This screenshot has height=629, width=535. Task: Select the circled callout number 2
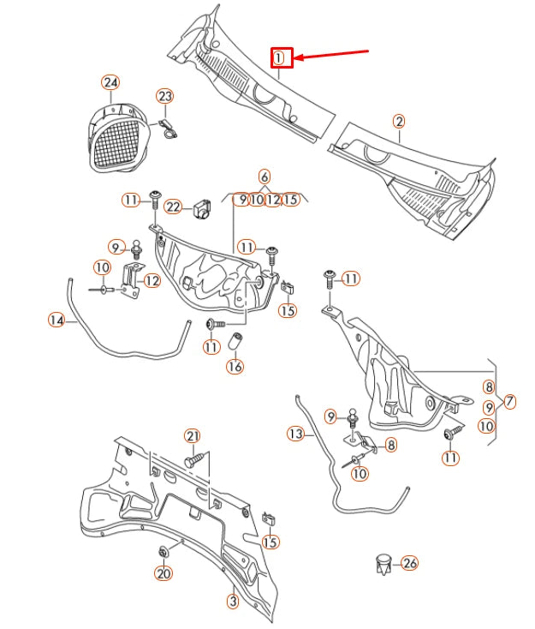[x=400, y=121]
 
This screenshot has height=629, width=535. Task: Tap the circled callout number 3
[x=232, y=602]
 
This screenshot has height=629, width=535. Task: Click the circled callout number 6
[x=265, y=176]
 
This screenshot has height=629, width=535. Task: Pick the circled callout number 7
[x=509, y=401]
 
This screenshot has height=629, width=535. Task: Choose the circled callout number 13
[x=295, y=434]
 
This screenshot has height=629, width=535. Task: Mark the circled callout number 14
[x=56, y=320]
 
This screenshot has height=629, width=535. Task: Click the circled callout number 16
[x=235, y=366]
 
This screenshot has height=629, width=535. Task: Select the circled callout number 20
[x=163, y=573]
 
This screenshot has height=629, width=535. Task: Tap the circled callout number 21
[x=192, y=436]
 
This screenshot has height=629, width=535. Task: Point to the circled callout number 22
[x=174, y=207]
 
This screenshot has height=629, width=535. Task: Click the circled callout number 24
[x=110, y=82]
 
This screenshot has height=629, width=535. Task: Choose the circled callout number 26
[x=409, y=563]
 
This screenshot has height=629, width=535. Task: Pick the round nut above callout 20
[x=163, y=549]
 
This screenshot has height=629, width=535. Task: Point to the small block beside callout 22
[x=202, y=208]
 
